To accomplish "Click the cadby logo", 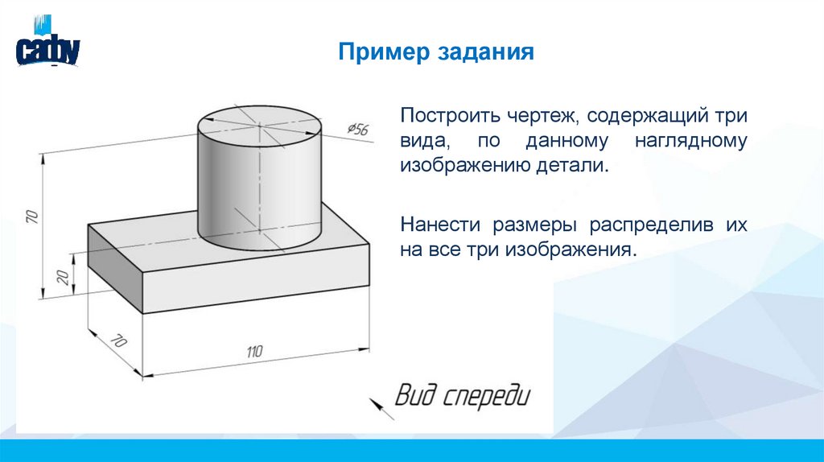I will tap(47, 47).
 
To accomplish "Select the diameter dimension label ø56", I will tap(357, 129).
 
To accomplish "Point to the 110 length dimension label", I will tap(254, 351).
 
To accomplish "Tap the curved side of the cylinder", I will tap(233, 193).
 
